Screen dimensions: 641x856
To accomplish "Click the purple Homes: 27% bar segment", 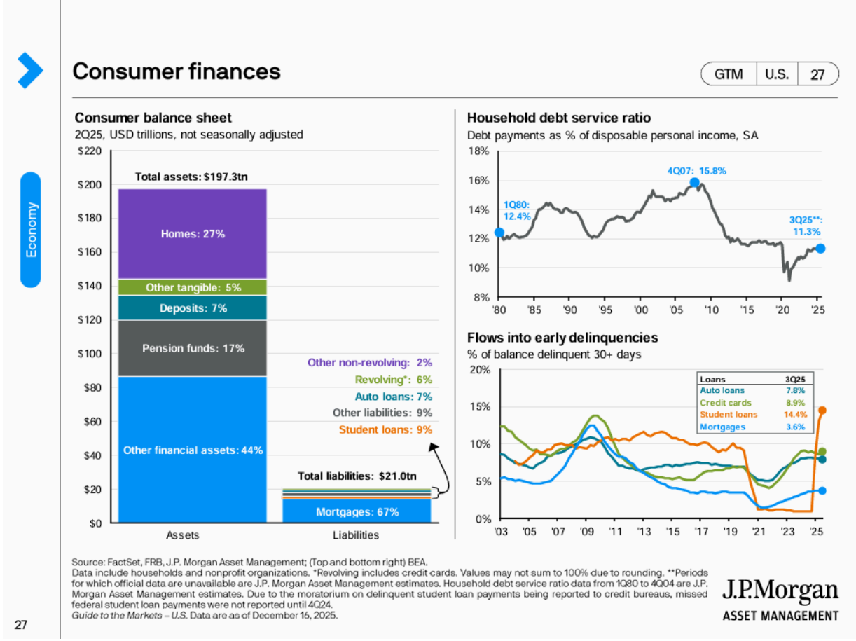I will tap(193, 234).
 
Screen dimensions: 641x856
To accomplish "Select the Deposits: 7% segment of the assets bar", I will tap(193, 308).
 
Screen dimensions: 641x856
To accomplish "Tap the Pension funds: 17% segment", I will tap(193, 347).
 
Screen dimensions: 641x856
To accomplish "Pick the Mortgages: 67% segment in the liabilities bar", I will tap(357, 512).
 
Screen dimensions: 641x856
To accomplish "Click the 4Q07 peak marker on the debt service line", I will tap(694, 183).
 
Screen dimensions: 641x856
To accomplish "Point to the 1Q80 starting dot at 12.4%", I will tap(499, 233).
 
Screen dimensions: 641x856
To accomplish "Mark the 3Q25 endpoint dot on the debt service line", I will tap(820, 248).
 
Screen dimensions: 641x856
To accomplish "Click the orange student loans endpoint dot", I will tap(822, 411).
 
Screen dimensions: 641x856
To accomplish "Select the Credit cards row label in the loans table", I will tap(726, 403).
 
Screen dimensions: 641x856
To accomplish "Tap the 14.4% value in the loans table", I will tap(794, 415).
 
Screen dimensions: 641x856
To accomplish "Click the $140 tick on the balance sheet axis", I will tap(92, 286).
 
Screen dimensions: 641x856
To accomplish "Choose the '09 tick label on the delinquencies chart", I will tap(587, 532).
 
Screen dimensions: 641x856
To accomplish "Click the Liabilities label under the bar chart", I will tap(355, 535).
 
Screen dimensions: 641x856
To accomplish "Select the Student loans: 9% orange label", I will tap(385, 429).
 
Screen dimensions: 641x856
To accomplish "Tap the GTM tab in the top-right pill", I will tap(729, 74).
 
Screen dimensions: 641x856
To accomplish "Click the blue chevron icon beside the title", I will tap(30, 70).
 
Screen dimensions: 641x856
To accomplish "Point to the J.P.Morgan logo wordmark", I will tap(780, 592).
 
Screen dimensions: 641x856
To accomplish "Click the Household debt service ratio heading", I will tap(558, 118).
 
